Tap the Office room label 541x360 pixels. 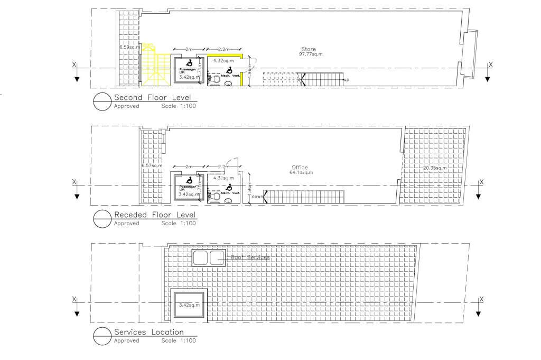tap(299, 167)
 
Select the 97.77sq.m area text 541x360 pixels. tap(311, 54)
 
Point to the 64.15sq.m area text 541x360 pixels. tap(302, 172)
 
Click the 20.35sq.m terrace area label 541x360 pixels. tap(435, 168)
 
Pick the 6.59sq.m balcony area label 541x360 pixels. tap(129, 48)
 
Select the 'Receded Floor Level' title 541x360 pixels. tap(155, 215)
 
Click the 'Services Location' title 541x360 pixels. tap(148, 333)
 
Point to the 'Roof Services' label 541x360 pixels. tap(250, 258)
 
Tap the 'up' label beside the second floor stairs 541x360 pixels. tap(346, 80)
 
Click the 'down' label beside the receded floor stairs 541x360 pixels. tap(257, 197)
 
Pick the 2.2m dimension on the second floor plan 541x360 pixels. tap(223, 49)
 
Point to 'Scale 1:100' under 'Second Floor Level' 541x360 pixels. tap(179, 106)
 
